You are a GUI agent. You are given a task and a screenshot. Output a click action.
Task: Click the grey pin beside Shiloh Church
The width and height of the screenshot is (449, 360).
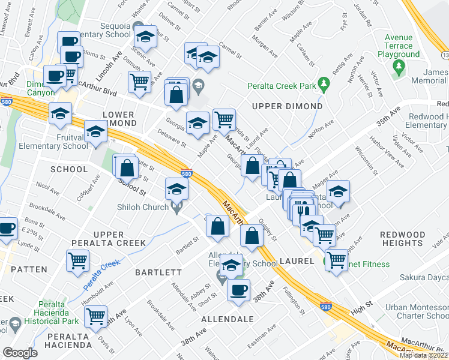pyautogui.click(x=176, y=208)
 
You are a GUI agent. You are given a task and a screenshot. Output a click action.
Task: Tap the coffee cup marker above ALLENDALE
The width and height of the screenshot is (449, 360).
pyautogui.click(x=238, y=290)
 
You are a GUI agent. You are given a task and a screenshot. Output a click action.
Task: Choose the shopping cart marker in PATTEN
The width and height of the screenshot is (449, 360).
pyautogui.click(x=77, y=261)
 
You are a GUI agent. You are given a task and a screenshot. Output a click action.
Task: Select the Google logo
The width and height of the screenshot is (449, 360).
pyautogui.click(x=20, y=352)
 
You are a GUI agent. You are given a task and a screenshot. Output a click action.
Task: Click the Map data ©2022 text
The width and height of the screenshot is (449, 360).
pyautogui.click(x=424, y=355)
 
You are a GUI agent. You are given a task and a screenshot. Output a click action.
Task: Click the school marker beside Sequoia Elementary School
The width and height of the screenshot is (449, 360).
pyautogui.click(x=145, y=37)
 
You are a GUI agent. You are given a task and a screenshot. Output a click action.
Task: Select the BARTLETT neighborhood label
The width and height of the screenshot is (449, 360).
pyautogui.click(x=158, y=272)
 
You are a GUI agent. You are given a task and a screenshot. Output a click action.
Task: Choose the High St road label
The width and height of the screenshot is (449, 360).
pyautogui.click(x=362, y=305)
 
